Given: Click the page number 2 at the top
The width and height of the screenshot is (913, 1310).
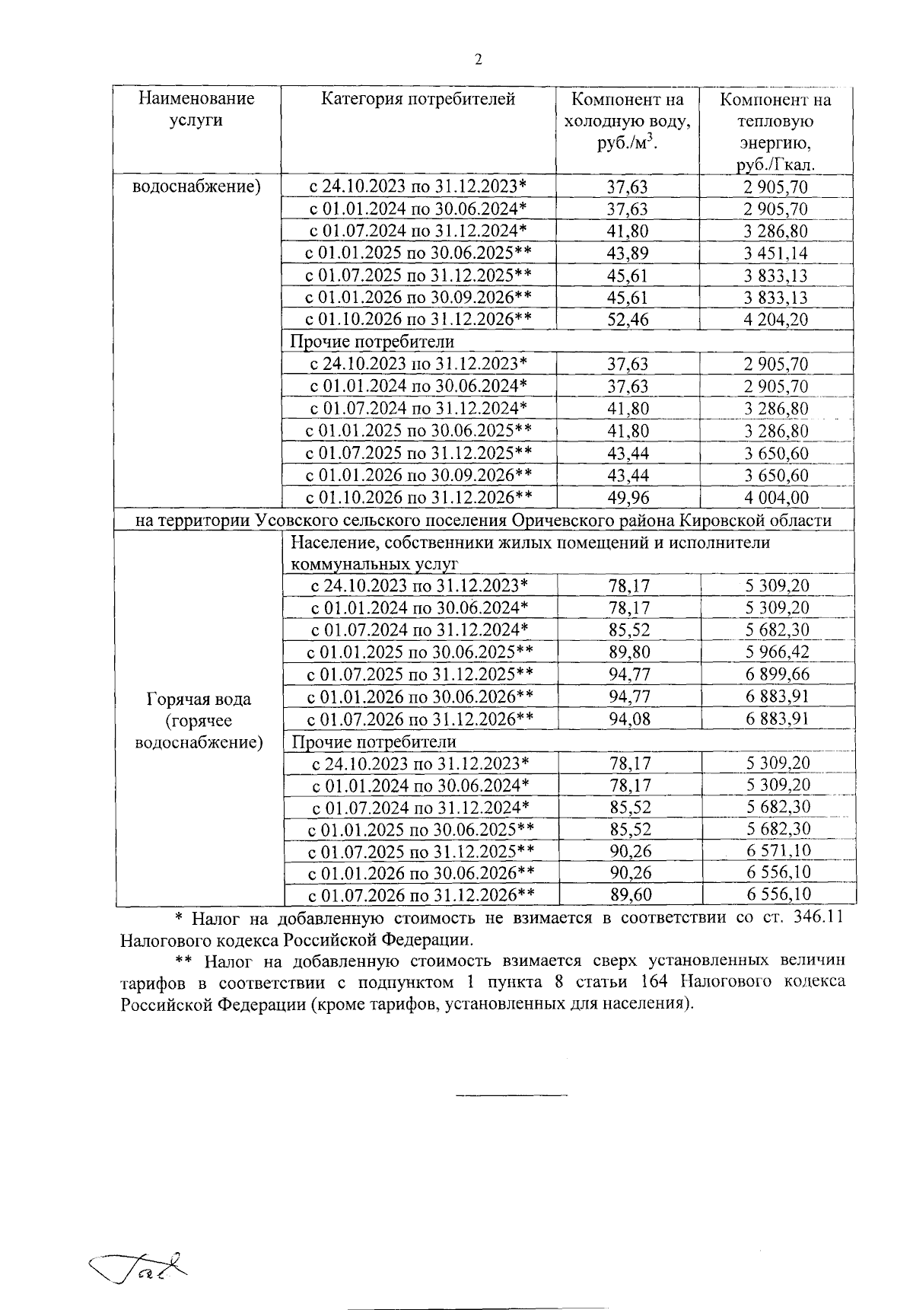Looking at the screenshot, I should pos(478,61).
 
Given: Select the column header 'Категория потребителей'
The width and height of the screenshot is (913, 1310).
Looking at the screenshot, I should pos(418,99).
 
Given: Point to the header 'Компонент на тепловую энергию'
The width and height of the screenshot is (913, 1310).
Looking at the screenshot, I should pos(775,132).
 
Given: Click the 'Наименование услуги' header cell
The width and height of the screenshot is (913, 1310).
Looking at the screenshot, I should pos(196,110).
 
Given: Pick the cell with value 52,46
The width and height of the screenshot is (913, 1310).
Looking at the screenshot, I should pos(628,320).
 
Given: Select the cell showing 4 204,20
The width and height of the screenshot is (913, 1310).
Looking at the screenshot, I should pos(776,320).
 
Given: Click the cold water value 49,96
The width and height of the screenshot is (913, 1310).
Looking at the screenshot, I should pos(628,498).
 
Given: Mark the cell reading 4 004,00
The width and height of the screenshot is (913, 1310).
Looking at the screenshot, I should pos(776,498).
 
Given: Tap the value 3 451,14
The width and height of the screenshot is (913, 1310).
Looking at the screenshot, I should pos(776,253).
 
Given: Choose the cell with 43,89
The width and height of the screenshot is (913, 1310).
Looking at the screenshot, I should pos(628,253).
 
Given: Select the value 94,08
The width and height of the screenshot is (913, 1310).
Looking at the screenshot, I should pos(629,719).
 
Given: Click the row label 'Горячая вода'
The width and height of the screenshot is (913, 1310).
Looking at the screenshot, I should pos(198,699).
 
